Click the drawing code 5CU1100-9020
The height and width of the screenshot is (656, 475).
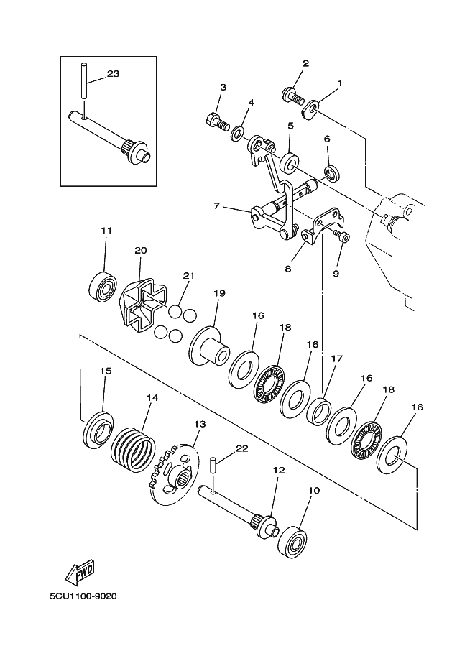coord(83,596)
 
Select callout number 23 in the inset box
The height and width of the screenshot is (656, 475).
coord(113,73)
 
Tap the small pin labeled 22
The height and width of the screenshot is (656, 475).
coord(213,463)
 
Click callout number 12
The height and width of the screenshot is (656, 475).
coord(278,471)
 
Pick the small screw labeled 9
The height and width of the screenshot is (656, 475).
coord(343,236)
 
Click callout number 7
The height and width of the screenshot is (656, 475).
coord(216,206)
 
